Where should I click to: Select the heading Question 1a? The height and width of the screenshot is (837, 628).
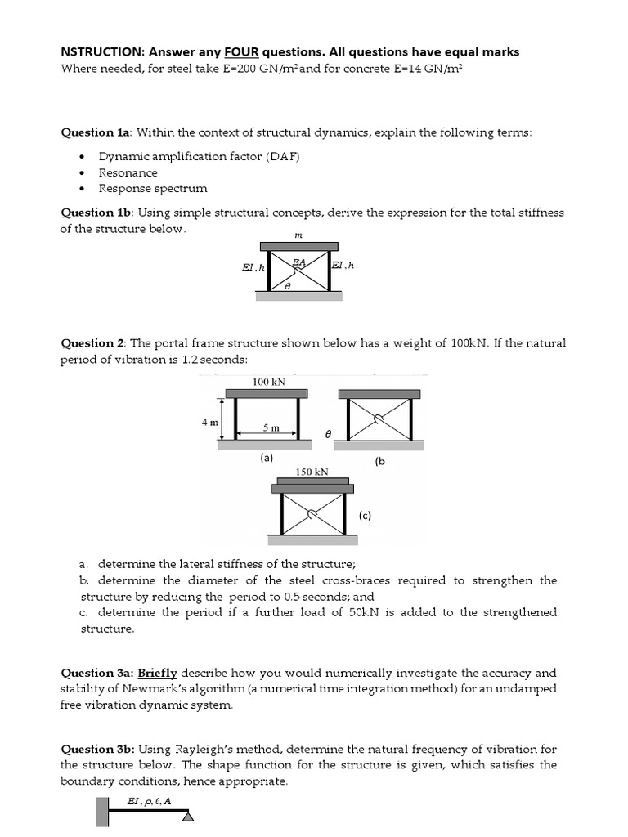tap(97, 132)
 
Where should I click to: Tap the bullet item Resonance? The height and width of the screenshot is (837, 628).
tap(128, 172)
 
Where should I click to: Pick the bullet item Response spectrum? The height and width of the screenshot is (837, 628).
tap(153, 188)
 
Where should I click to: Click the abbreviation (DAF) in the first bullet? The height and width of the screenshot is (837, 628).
tap(282, 156)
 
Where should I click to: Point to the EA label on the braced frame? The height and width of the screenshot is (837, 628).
tap(299, 262)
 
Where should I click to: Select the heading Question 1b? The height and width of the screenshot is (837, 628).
tap(97, 213)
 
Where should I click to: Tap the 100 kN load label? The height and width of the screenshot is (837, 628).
tap(267, 382)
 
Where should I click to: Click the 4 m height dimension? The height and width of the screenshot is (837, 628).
tap(209, 423)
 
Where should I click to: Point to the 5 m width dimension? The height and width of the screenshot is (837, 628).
tap(271, 427)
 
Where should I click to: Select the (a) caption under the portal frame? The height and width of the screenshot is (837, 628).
tap(266, 459)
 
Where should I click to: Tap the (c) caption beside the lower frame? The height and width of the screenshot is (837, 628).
tap(365, 515)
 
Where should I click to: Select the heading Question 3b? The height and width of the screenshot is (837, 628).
tap(97, 749)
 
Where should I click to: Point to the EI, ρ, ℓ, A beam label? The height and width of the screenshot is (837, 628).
tap(149, 801)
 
